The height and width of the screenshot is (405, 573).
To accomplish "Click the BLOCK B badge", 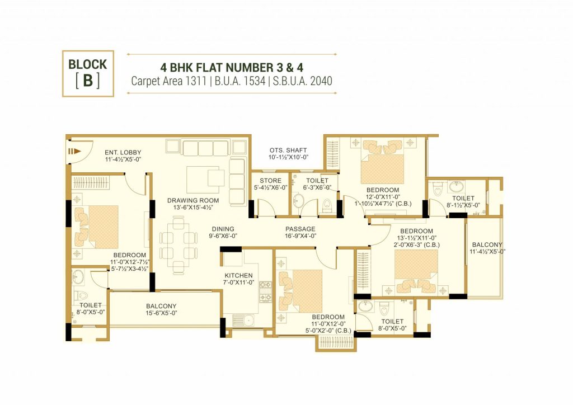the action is coord(88,73).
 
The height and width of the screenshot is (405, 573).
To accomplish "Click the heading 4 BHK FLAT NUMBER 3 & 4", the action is coord(232,68).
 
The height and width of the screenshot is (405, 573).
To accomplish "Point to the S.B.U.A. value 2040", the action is coord(321,81).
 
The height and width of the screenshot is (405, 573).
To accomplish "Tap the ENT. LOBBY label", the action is coord(123,152).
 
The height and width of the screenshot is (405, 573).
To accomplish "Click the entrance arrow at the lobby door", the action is coord(73,151).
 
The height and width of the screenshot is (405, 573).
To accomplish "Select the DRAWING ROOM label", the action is coord(193,200).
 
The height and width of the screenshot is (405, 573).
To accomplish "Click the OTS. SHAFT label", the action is coord(288,150).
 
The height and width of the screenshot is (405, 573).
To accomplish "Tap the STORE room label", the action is coord(270,181).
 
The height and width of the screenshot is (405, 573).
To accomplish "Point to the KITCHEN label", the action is coord(238,276).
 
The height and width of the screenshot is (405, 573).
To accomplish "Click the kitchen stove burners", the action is coord(266,292).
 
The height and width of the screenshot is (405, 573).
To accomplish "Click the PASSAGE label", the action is coord(300,229).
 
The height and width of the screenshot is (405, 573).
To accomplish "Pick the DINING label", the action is coord(223,229).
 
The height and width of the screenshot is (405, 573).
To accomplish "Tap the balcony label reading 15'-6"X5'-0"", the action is coord(161,313).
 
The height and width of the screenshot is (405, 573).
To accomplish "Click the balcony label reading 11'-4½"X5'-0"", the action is coord(487,252).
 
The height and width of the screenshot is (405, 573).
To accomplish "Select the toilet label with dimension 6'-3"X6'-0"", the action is coord(317,188).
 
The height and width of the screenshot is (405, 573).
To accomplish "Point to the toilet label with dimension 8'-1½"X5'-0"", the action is coord(463,205).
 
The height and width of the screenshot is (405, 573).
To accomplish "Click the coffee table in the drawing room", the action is coord(205,180).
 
